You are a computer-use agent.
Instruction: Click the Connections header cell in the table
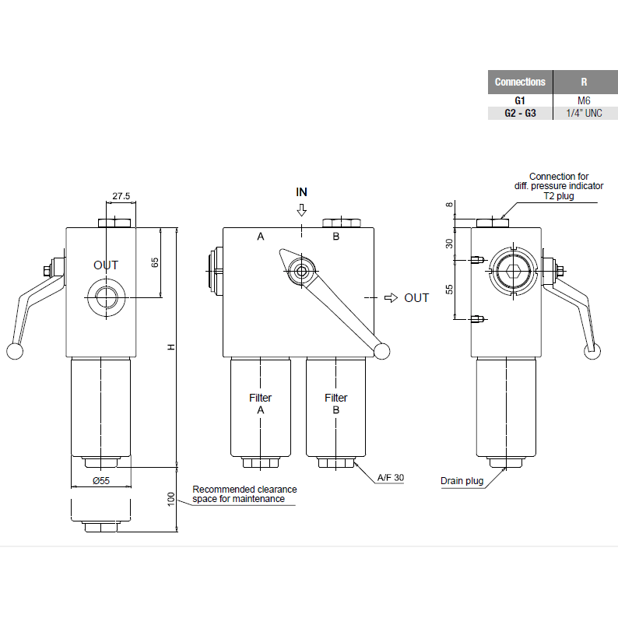[520, 82]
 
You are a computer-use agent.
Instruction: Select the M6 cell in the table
[584, 100]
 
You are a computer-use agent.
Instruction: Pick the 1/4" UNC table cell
[584, 113]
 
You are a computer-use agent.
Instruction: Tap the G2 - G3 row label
[520, 113]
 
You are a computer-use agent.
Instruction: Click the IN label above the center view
[302, 191]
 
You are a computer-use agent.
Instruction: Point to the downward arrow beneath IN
[302, 210]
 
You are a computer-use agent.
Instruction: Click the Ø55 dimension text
[102, 480]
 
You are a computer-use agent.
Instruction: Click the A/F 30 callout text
[391, 478]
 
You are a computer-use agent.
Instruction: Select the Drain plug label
[462, 481]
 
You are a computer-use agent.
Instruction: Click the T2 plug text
[559, 197]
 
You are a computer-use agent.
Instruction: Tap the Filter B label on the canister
[335, 404]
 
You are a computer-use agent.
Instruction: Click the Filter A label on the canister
[260, 404]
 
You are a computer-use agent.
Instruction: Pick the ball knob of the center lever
[381, 352]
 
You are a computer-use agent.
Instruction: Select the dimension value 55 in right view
[448, 289]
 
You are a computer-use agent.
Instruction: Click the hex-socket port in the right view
[511, 273]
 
